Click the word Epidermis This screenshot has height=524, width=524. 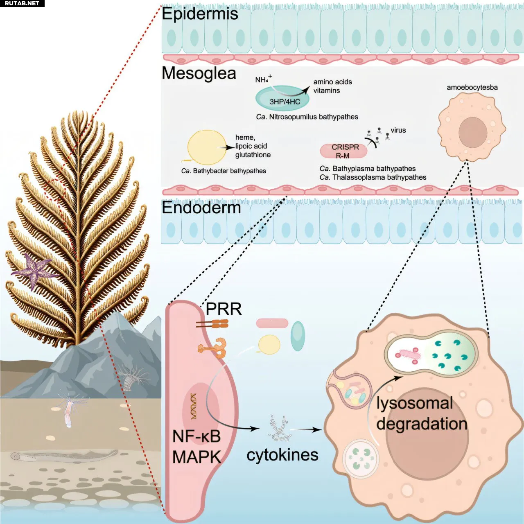click(200, 14)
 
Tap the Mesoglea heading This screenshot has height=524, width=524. click(199, 74)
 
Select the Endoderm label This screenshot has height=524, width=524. click(201, 208)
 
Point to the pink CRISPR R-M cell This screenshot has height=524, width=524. click(344, 151)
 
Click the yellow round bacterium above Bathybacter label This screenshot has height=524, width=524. click(207, 147)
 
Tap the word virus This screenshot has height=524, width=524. click(398, 130)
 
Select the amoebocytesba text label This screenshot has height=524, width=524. click(472, 87)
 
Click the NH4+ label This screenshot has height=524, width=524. click(263, 79)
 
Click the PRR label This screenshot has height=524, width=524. click(224, 309)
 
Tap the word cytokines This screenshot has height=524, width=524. click(282, 455)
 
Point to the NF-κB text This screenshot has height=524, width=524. click(196, 436)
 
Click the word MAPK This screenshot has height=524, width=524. click(196, 457)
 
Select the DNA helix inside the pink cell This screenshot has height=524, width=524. click(193, 406)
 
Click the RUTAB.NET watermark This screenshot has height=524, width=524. click(22, 3)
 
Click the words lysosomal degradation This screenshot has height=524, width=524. click(422, 413)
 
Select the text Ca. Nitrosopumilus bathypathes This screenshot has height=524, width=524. click(307, 117)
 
